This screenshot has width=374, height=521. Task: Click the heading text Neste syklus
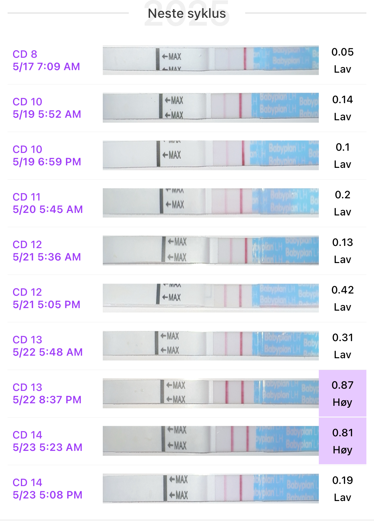(x=187, y=14)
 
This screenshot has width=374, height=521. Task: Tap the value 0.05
(x=342, y=52)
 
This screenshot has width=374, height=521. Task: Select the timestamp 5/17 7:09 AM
(x=46, y=67)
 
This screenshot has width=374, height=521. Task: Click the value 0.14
(x=342, y=100)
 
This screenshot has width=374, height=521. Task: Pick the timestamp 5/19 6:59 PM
(x=47, y=162)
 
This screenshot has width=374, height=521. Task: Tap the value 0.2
(x=342, y=195)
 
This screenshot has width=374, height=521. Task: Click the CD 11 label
(x=27, y=197)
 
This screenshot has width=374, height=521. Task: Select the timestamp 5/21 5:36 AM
(x=47, y=257)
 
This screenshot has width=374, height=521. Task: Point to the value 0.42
(x=342, y=290)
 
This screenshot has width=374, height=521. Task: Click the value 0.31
(x=342, y=338)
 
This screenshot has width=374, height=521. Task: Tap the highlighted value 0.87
(x=342, y=385)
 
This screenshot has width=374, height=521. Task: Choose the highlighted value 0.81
(x=342, y=433)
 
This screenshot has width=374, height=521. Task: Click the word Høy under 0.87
(x=342, y=402)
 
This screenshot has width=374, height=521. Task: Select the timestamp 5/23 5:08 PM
(x=48, y=495)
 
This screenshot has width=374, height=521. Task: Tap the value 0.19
(x=342, y=480)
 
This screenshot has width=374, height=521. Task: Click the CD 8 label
(x=25, y=54)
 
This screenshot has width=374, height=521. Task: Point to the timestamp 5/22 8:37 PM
(x=47, y=400)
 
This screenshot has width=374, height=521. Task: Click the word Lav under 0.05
(x=342, y=69)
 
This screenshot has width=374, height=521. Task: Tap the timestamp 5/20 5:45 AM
(x=48, y=209)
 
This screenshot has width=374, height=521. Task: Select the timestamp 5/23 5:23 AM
(x=48, y=447)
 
